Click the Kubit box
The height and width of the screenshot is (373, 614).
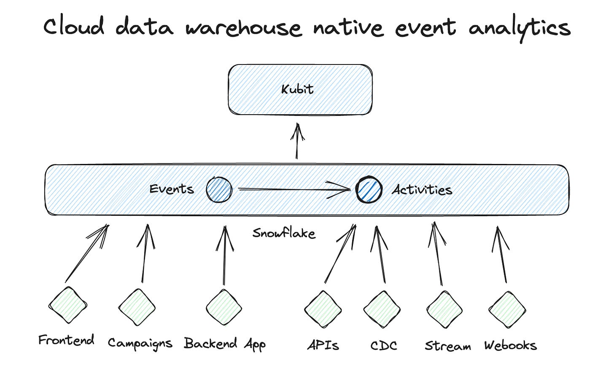[300, 89]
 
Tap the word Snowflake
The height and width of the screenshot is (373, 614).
[284, 233]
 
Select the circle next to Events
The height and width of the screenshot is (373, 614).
[219, 190]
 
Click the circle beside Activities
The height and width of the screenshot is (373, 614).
[369, 190]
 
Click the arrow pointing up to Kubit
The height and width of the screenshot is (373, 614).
[298, 141]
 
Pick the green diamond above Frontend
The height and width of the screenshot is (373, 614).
[68, 305]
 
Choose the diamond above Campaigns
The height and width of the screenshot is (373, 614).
[137, 307]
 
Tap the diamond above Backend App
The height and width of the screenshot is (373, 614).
[224, 307]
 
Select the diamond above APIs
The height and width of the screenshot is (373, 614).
[323, 309]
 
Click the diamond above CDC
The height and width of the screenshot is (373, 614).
[382, 310]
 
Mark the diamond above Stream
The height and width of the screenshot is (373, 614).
[444, 310]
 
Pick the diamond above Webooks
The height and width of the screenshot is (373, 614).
[507, 310]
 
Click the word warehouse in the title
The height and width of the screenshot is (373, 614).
[244, 28]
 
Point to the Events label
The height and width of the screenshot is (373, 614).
[172, 189]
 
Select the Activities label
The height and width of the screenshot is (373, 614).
[422, 190]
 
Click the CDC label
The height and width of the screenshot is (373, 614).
[384, 346]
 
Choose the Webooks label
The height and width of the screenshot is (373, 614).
[510, 346]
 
